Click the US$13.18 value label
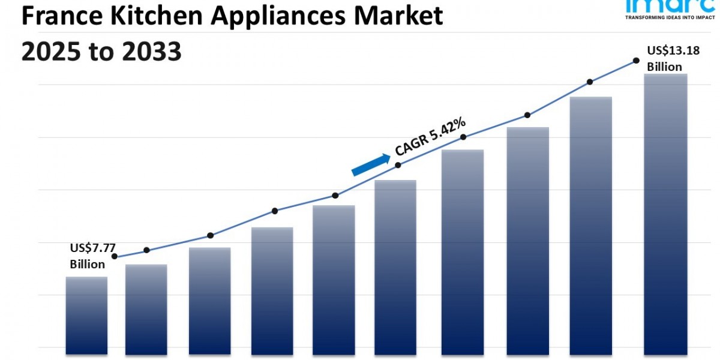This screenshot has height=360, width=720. [673, 50]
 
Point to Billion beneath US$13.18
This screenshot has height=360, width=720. [664, 67]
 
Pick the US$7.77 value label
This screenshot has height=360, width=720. [92, 247]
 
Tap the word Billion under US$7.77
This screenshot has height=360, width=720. [87, 264]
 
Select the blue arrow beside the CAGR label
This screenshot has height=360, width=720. [370, 164]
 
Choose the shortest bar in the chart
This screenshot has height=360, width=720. [86, 315]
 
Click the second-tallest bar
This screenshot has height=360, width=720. [591, 225]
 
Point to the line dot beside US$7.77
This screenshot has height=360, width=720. [115, 256]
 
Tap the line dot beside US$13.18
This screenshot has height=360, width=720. [635, 61]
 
